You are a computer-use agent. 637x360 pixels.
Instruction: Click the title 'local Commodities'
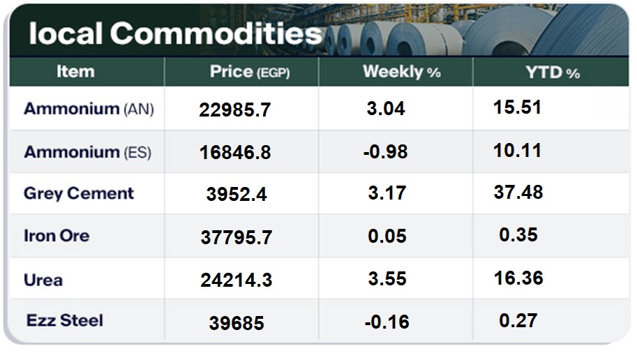tap(175, 33)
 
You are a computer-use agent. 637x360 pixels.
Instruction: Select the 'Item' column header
tap(75, 71)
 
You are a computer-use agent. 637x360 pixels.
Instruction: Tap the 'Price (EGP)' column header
tap(250, 72)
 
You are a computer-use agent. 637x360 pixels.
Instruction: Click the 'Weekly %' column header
tap(402, 72)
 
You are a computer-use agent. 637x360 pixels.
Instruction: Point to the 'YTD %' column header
tap(553, 72)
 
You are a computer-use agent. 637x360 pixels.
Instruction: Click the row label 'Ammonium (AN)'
tap(89, 109)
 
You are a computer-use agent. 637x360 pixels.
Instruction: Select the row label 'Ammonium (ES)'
tap(87, 151)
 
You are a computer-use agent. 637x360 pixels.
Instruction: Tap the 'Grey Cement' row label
tap(79, 193)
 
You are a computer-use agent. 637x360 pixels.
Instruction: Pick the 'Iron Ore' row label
tap(57, 236)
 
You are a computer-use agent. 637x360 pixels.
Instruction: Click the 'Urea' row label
tap(43, 280)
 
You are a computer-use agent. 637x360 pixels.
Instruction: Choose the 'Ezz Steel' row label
tap(65, 321)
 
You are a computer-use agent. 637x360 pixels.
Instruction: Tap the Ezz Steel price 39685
tap(237, 324)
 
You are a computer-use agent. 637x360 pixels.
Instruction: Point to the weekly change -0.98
tap(386, 152)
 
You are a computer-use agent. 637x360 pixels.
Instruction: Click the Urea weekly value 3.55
tap(387, 279)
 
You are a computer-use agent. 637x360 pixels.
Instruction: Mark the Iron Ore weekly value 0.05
tap(387, 236)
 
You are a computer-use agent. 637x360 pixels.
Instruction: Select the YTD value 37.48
tap(518, 193)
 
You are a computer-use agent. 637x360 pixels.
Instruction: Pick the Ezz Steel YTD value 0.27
tap(518, 320)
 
